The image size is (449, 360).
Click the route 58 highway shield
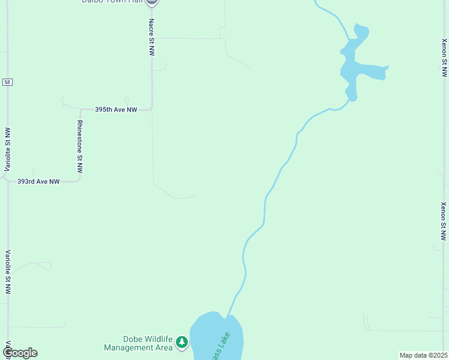pos(7,82)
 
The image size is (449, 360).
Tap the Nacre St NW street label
pos(151,37)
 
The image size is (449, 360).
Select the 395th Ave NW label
pos(116,110)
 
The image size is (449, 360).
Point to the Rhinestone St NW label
pos(80,147)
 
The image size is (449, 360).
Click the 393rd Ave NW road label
pos(38,181)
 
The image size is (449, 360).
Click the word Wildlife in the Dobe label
pos(154,339)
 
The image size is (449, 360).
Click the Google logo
pos(20,353)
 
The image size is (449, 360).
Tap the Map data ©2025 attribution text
pos(423,355)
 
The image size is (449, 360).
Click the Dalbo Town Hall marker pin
pos(152,2)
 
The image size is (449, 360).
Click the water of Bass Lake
pos(207,336)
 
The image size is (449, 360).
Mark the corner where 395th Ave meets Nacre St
pos(151,109)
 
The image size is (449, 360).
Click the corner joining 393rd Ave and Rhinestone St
pos(80,180)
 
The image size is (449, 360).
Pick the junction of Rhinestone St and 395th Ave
pos(80,110)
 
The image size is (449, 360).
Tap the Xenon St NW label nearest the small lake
pos(444,58)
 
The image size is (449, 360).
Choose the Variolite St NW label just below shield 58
pos(7,149)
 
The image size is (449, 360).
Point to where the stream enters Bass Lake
pos(228,316)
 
